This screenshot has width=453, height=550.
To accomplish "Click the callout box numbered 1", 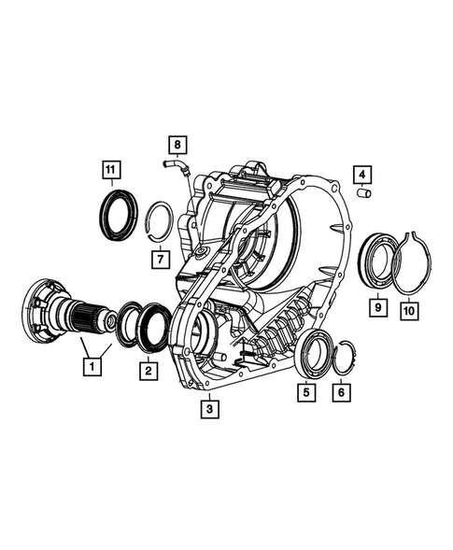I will pos(91,368).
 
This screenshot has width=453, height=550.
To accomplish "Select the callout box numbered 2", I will pos(148,371).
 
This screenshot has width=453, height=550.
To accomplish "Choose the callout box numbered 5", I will pos(305,393).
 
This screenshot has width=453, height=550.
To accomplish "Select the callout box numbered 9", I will pos(376,304).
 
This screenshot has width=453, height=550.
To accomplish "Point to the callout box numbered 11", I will pos(111,169).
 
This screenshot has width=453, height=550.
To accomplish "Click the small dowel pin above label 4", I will pos(366,194).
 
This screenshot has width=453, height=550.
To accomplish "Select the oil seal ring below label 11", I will pos(119,215).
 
